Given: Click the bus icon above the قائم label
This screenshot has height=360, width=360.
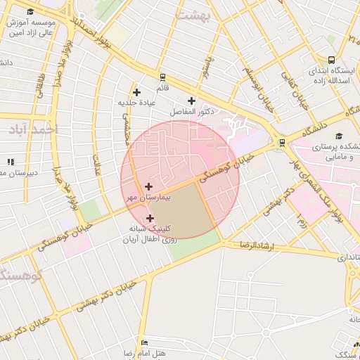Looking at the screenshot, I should (x=163, y=77).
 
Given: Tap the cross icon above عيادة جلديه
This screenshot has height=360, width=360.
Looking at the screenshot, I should (x=136, y=92).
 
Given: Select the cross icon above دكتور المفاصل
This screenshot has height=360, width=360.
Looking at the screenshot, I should (x=191, y=101).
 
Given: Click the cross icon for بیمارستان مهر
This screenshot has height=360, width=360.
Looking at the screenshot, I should (x=148, y=186).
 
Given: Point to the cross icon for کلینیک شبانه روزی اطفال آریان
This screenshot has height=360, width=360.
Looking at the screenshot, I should (x=150, y=218).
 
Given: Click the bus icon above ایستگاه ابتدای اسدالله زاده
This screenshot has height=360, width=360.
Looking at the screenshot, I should (x=331, y=60).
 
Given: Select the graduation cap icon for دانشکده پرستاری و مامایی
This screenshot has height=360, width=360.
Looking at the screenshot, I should (x=338, y=136).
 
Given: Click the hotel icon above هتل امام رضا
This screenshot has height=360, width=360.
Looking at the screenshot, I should (x=145, y=342).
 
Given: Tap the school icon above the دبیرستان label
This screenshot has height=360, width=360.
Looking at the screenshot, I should (x=10, y=162).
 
